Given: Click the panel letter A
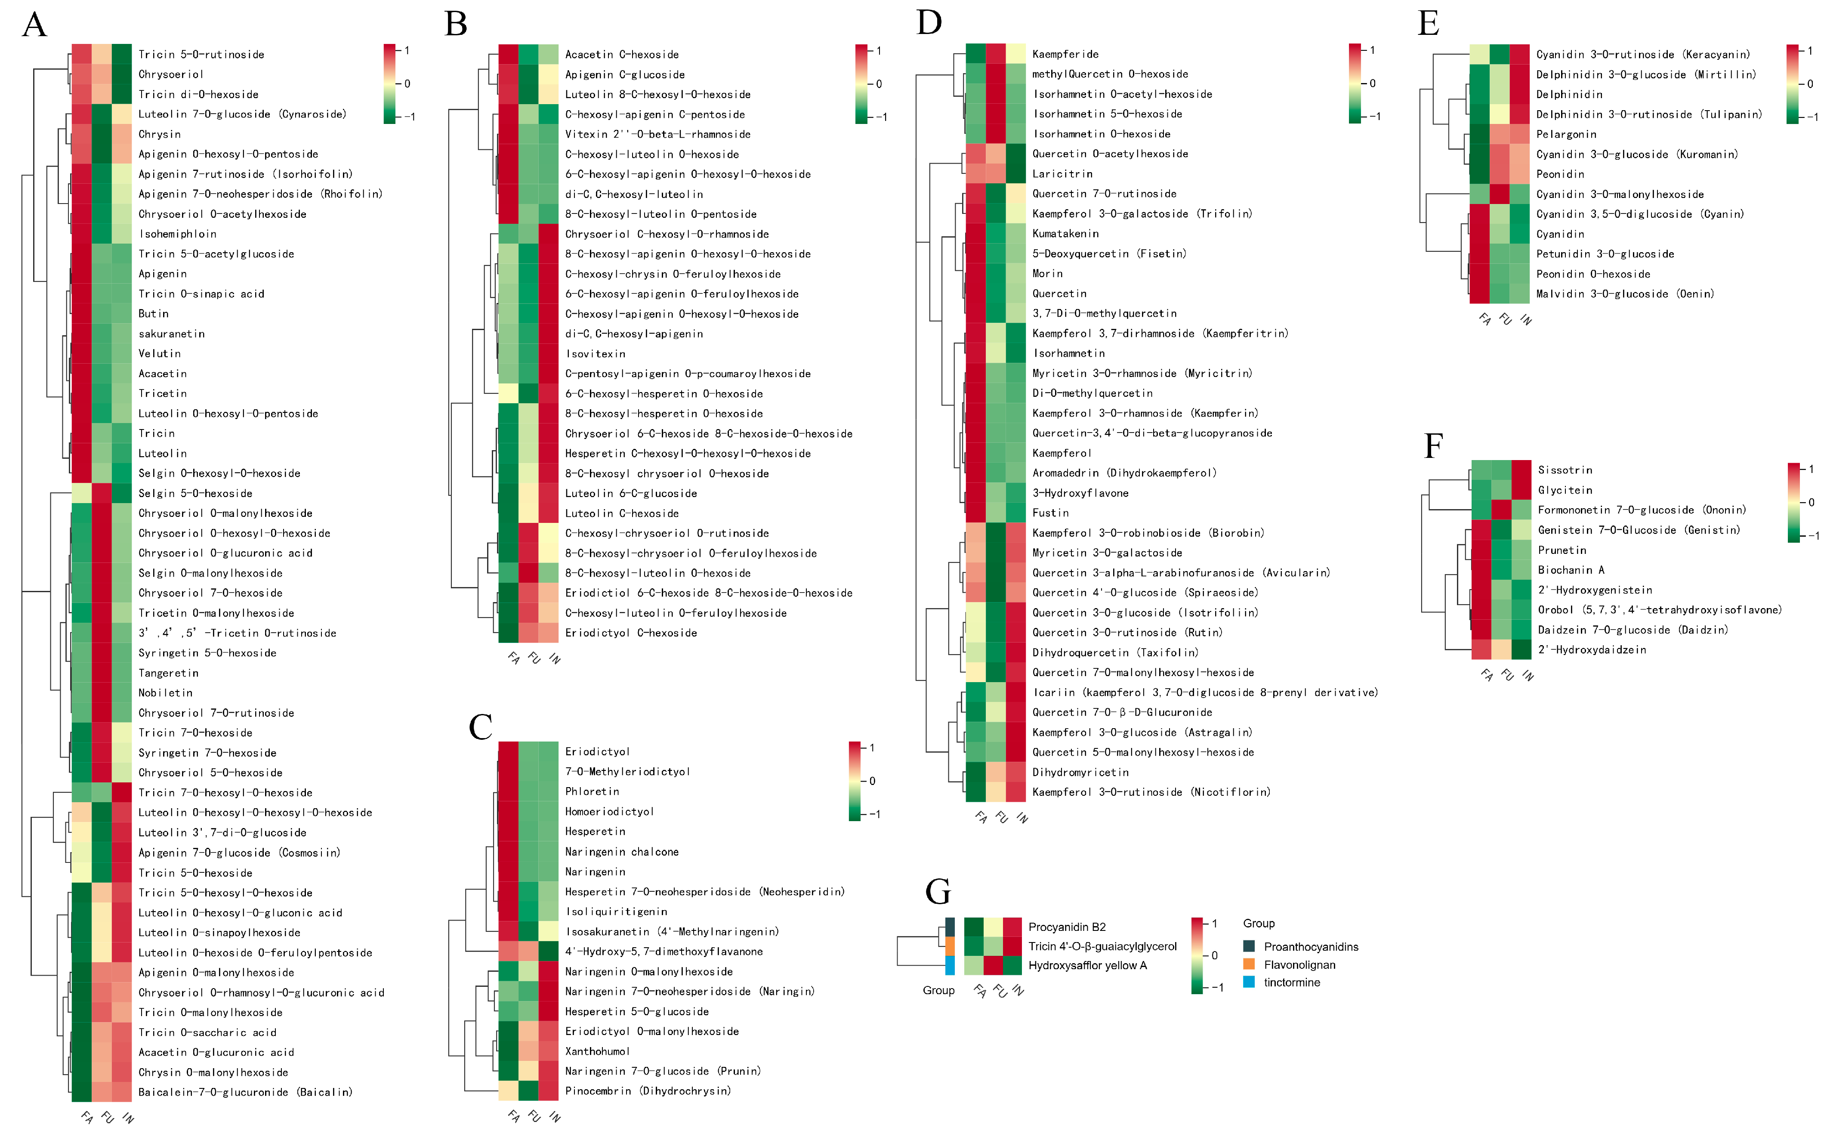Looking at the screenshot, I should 34,24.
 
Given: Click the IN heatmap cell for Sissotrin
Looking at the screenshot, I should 1521,470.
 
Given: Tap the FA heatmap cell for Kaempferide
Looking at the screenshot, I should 975,54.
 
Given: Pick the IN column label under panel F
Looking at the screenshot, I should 1527,676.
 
